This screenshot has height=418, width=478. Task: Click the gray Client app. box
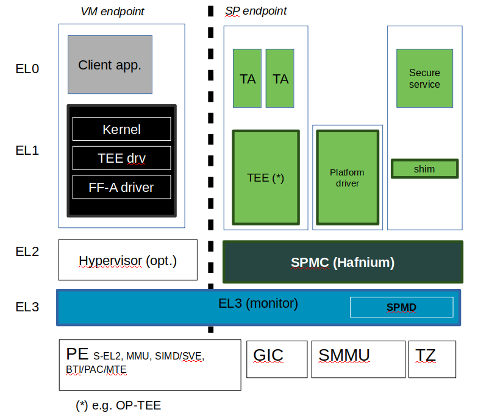tap(110, 65)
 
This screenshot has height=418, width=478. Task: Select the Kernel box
tap(121, 129)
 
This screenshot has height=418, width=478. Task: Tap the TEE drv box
tap(121, 158)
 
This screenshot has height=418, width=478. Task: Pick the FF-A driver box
tap(121, 188)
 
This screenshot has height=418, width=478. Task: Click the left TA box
tap(247, 79)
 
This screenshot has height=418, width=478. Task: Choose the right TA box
tap(280, 79)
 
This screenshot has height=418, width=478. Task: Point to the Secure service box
tap(424, 79)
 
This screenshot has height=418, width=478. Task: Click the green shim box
tap(424, 169)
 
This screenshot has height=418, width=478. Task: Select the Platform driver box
tap(347, 177)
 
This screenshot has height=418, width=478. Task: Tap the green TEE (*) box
tap(266, 177)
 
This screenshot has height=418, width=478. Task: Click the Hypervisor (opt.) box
tap(127, 261)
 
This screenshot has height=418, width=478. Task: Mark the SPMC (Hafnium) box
tap(343, 263)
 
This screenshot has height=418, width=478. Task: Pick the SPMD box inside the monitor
tap(401, 307)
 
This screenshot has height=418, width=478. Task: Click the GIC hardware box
tap(276, 359)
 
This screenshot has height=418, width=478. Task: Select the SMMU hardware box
tap(358, 359)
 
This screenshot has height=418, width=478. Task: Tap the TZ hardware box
tap(432, 359)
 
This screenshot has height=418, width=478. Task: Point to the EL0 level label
tap(27, 69)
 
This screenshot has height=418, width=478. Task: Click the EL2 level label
tap(27, 251)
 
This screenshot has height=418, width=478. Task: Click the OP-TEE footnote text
tap(118, 406)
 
